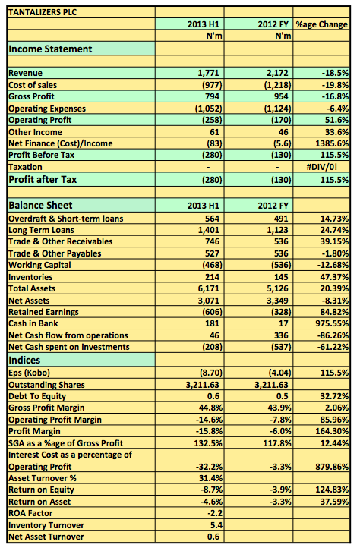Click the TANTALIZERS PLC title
pyautogui.click(x=43, y=12)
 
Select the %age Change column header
pyautogui.click(x=322, y=24)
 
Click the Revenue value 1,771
pyautogui.click(x=208, y=73)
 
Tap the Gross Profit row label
pyautogui.click(x=31, y=96)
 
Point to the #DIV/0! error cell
pyautogui.click(x=322, y=167)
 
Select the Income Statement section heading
pyautogui.click(x=50, y=49)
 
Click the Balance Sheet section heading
pyautogui.click(x=40, y=205)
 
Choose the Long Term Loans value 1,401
pyautogui.click(x=208, y=230)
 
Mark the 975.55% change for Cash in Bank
pyautogui.click(x=332, y=323)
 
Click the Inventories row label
pyautogui.click(x=30, y=277)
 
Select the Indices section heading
pyautogui.click(x=24, y=361)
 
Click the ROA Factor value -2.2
pyautogui.click(x=215, y=513)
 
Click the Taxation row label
pyautogui.click(x=25, y=167)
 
